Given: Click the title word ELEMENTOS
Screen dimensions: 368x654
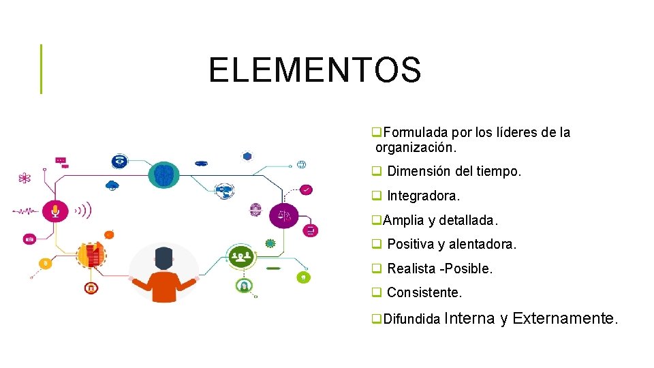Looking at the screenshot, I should [315, 70].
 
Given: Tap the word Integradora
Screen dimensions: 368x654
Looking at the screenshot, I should [423, 196].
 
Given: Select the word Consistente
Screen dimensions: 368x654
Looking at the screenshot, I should [424, 293].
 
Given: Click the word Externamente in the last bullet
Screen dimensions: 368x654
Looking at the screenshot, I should [565, 318].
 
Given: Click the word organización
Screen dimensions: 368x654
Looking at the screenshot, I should [415, 147].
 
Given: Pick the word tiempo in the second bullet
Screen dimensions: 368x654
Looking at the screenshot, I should [499, 172].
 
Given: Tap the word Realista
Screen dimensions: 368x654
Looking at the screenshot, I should [411, 269].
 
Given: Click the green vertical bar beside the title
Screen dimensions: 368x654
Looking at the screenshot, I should [41, 69].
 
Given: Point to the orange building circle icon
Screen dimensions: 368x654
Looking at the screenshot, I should [91, 255].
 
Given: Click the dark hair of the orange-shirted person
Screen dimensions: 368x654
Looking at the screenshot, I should [163, 256].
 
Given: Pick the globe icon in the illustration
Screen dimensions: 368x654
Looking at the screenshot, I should [301, 164].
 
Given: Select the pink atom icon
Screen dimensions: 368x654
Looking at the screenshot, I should [25, 179].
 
